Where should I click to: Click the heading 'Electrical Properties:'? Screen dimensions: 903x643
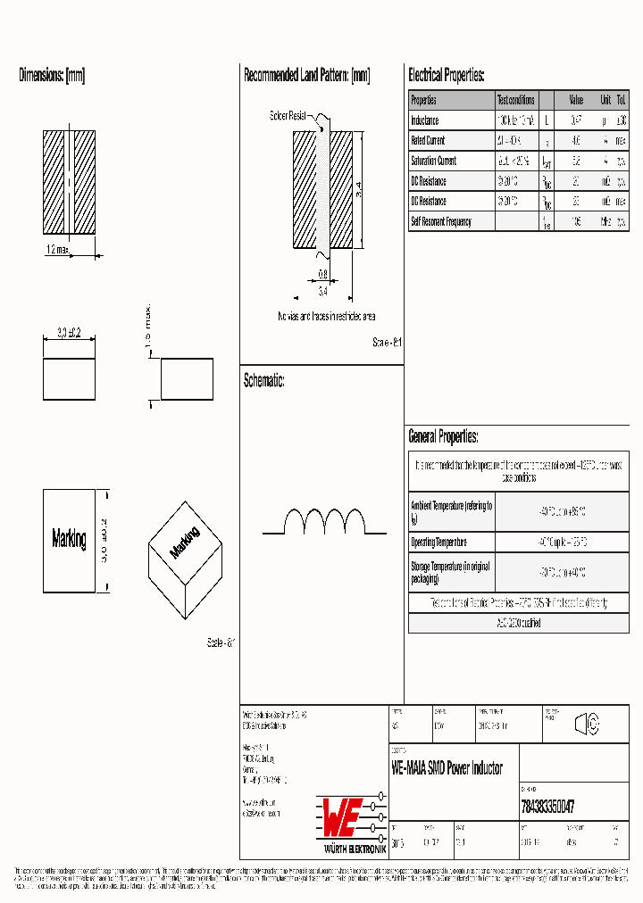446,76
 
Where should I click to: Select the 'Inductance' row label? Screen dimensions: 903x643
425,120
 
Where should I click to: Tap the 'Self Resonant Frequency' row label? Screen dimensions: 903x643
440,221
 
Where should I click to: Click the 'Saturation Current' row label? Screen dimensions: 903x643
433,162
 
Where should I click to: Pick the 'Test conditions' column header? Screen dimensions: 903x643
516,100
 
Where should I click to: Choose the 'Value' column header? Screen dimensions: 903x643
576,100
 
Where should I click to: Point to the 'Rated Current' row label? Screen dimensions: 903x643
428,141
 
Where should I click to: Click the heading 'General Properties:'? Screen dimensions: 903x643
443,437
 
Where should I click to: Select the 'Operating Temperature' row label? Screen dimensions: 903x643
438,543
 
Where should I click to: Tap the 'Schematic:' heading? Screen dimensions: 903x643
264,381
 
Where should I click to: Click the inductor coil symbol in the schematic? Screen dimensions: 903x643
324,521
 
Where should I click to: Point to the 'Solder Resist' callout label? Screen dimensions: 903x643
288,116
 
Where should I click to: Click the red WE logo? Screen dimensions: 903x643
340,813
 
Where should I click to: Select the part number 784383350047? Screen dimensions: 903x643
547,806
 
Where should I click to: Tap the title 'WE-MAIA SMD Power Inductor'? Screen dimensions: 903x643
447,768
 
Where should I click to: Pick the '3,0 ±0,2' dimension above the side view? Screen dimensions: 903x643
69,333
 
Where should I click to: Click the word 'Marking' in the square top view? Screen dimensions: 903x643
69,539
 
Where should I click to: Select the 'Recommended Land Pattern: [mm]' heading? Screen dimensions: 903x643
306,76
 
